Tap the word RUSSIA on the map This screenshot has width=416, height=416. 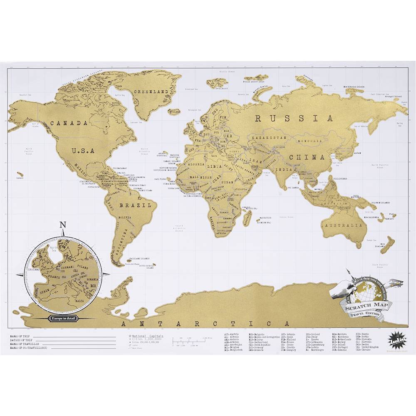click(x=294, y=118)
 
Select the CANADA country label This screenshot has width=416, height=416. click(x=69, y=123)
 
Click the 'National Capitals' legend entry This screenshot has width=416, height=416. click(x=148, y=335)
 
